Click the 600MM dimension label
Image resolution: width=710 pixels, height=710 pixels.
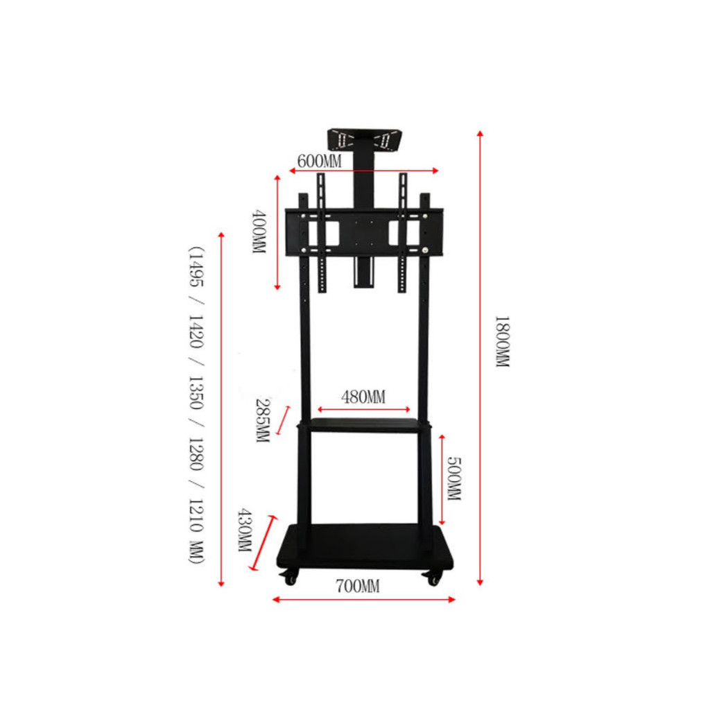pyautogui.click(x=319, y=161)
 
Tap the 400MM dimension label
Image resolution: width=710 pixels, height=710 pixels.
pyautogui.click(x=259, y=231)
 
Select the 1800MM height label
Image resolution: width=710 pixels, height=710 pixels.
pyautogui.click(x=502, y=341)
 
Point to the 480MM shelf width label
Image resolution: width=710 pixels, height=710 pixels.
pyautogui.click(x=363, y=397)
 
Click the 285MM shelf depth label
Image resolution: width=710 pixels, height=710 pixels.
pyautogui.click(x=263, y=420)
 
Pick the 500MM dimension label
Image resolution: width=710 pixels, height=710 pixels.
pyautogui.click(x=454, y=478)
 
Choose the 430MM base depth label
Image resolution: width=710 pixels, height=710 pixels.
pyautogui.click(x=245, y=530)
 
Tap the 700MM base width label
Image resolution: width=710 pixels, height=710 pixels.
pyautogui.click(x=358, y=587)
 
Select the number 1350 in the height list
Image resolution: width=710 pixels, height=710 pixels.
pyautogui.click(x=196, y=392)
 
